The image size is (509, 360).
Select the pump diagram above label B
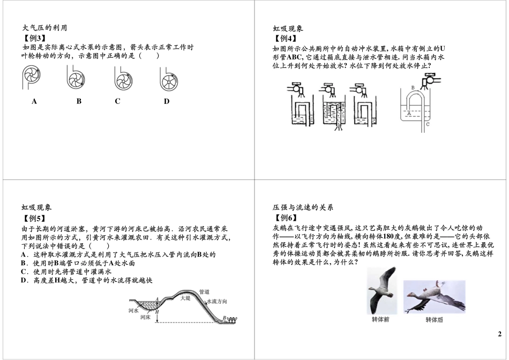point(76,78)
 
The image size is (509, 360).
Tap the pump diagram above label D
point(169,79)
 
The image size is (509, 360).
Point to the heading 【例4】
point(285,39)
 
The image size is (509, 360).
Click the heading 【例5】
point(33,218)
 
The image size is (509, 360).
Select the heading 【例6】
point(285,217)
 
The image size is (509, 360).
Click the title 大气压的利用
point(44,28)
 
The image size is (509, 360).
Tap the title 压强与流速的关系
point(303,207)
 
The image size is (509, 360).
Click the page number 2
point(499,334)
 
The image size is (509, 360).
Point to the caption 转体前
point(380,320)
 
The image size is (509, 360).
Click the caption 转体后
point(434,320)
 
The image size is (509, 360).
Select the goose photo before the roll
point(381,290)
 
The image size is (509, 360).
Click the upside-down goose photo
point(435,297)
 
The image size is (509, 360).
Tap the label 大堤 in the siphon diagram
point(185,298)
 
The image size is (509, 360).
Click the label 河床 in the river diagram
point(145,317)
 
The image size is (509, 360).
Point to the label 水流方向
point(217,301)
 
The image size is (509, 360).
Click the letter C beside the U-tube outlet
point(428,124)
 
